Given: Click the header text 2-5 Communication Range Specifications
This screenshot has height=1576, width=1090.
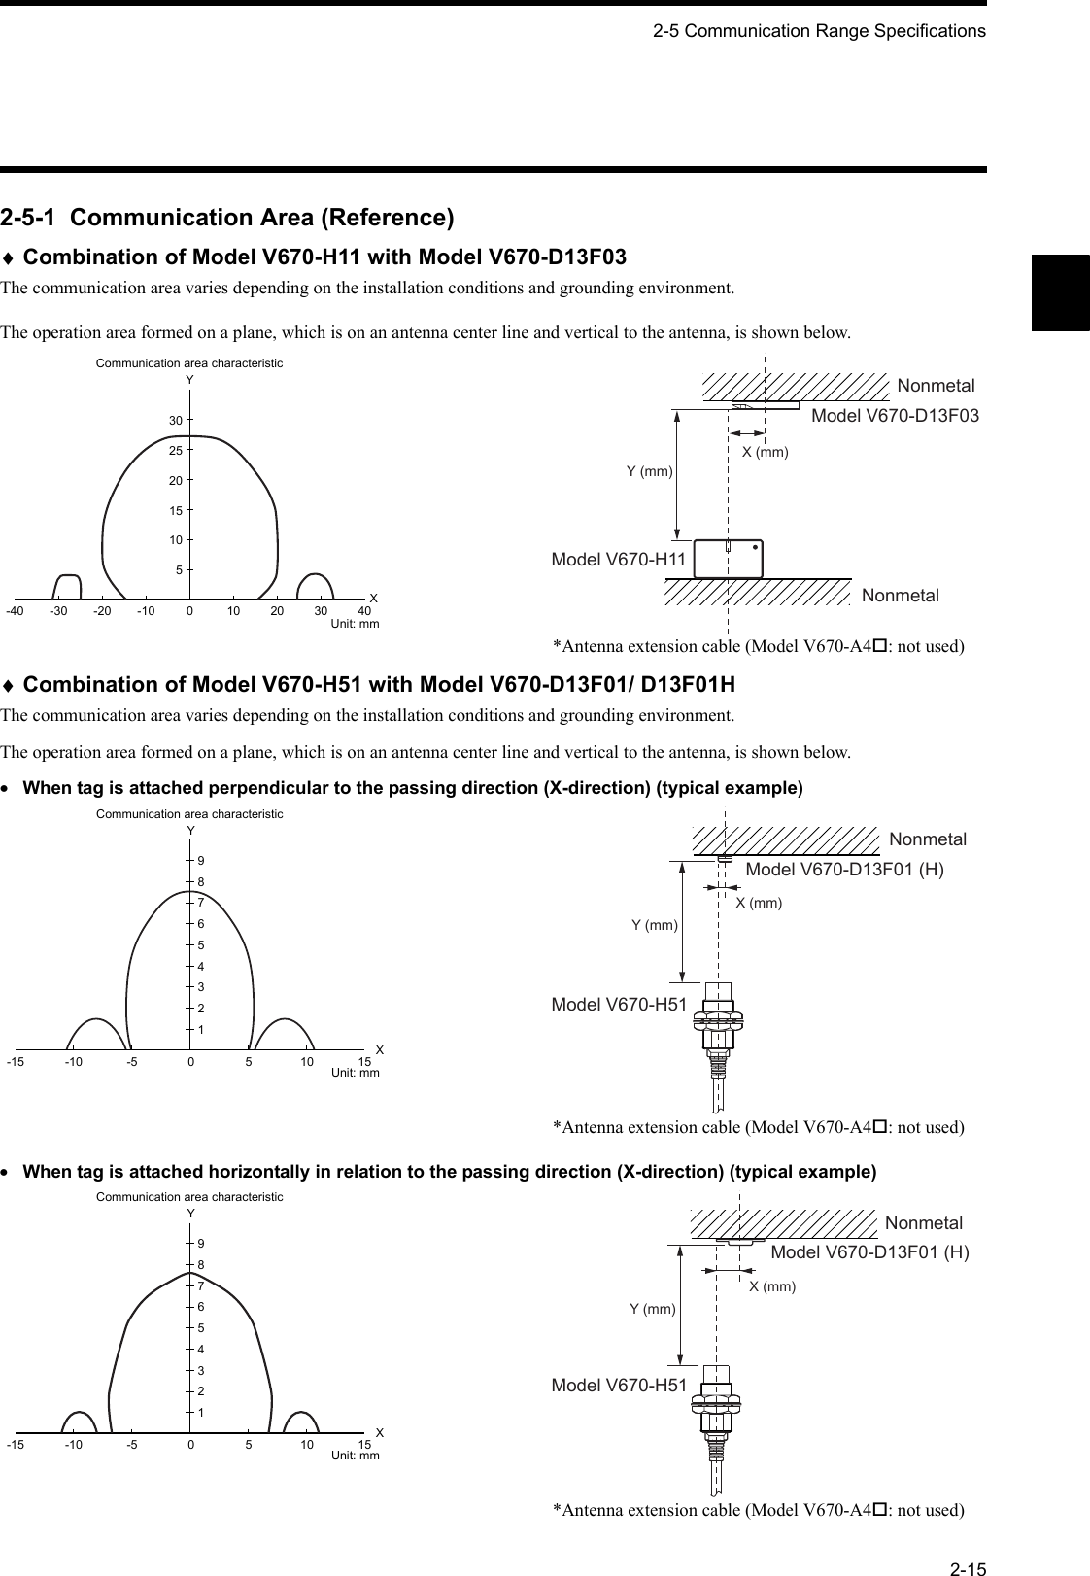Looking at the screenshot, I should point(818,31).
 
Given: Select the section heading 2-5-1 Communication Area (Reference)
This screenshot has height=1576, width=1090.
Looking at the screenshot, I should point(227,217).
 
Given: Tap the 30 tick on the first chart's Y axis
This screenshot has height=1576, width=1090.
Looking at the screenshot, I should point(176,421).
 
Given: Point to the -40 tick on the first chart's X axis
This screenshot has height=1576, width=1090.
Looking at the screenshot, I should point(15,610).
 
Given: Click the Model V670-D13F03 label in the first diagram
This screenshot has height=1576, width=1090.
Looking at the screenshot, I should point(894,416).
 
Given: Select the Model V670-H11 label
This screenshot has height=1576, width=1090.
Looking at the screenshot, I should point(619,560).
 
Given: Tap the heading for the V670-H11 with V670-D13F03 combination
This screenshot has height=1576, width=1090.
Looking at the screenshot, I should point(324,257).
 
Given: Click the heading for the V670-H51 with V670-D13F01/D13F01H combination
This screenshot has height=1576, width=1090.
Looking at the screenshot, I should point(378,685).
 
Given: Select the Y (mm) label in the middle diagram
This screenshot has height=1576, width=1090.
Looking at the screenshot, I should point(654,925).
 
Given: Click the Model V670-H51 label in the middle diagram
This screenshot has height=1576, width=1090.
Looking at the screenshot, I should point(619,1004).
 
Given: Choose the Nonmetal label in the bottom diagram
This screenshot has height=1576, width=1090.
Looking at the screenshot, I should point(924,1222).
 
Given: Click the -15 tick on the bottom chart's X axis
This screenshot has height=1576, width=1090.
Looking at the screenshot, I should point(15,1445).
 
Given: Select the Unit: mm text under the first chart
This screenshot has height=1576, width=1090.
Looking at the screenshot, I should point(355,623).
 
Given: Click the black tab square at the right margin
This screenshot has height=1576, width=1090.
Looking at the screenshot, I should point(1060,291).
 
